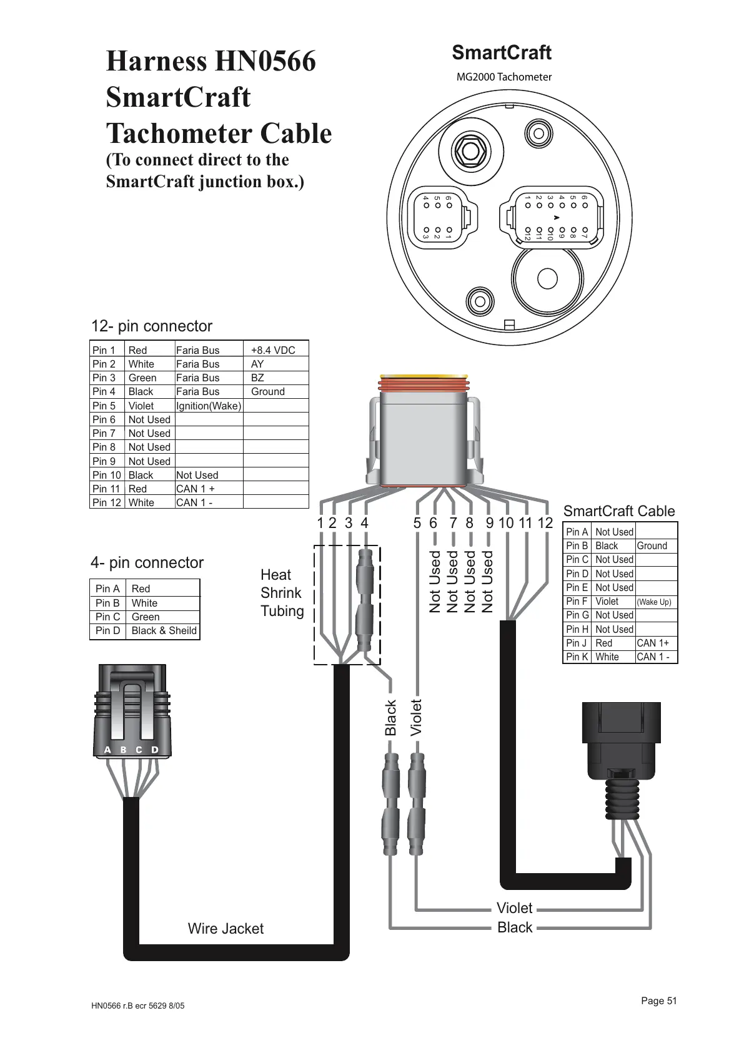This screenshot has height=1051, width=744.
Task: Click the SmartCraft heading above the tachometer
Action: [502, 53]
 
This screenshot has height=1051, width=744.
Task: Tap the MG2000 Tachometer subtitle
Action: [504, 77]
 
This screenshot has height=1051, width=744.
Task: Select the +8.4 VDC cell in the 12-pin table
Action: [273, 350]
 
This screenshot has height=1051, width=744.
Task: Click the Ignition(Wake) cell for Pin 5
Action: [209, 406]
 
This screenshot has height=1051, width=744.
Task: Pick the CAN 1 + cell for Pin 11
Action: [196, 489]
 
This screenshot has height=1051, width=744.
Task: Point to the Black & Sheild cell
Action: [164, 630]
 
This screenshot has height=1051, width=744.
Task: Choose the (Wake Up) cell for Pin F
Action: [654, 602]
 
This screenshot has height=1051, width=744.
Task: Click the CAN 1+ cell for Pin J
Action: [653, 643]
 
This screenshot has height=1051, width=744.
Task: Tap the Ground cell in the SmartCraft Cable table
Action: [652, 545]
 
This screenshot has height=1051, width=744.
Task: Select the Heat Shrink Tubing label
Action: [281, 593]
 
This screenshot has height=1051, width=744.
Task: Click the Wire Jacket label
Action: [226, 929]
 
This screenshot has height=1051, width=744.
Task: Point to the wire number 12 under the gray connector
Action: [545, 523]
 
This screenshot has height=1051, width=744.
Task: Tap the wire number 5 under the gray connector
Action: [417, 523]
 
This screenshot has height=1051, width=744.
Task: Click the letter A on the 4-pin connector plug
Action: [107, 750]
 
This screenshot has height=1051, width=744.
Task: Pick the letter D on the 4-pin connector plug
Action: [155, 750]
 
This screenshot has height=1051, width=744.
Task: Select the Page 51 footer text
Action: [658, 1000]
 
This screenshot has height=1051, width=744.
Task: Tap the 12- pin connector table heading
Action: [152, 326]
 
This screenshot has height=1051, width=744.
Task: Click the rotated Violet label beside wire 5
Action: [417, 717]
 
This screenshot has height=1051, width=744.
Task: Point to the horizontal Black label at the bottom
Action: [515, 927]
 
